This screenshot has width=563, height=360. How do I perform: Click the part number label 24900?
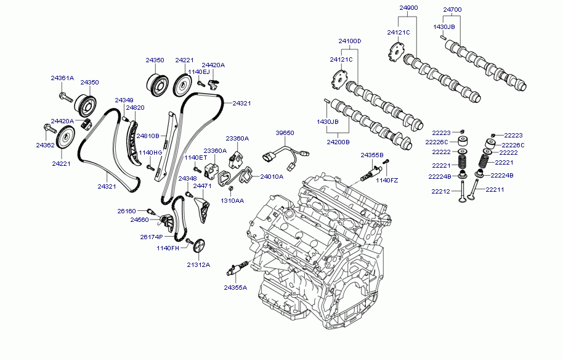coord(408,8)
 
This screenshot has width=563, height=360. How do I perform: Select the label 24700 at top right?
coord(452,9)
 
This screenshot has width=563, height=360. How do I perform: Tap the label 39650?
coord(285,133)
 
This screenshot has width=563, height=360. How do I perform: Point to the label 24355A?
coord(235,287)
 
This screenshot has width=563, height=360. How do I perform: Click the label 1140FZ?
coord(387,180)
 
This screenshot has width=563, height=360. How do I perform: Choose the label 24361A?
coord(62,78)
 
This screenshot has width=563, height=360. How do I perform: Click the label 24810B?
coord(148,136)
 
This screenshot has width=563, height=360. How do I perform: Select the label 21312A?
coord(198,264)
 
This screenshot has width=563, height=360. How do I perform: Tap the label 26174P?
coord(151,237)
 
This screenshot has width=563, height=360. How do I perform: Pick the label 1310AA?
coord(232,201)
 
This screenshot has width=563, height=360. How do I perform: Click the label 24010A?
coord(271,176)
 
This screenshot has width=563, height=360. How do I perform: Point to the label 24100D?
coord(349,41)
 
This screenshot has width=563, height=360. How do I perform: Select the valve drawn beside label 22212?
coord(461,191)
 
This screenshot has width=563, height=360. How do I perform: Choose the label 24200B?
coord(338,141)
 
